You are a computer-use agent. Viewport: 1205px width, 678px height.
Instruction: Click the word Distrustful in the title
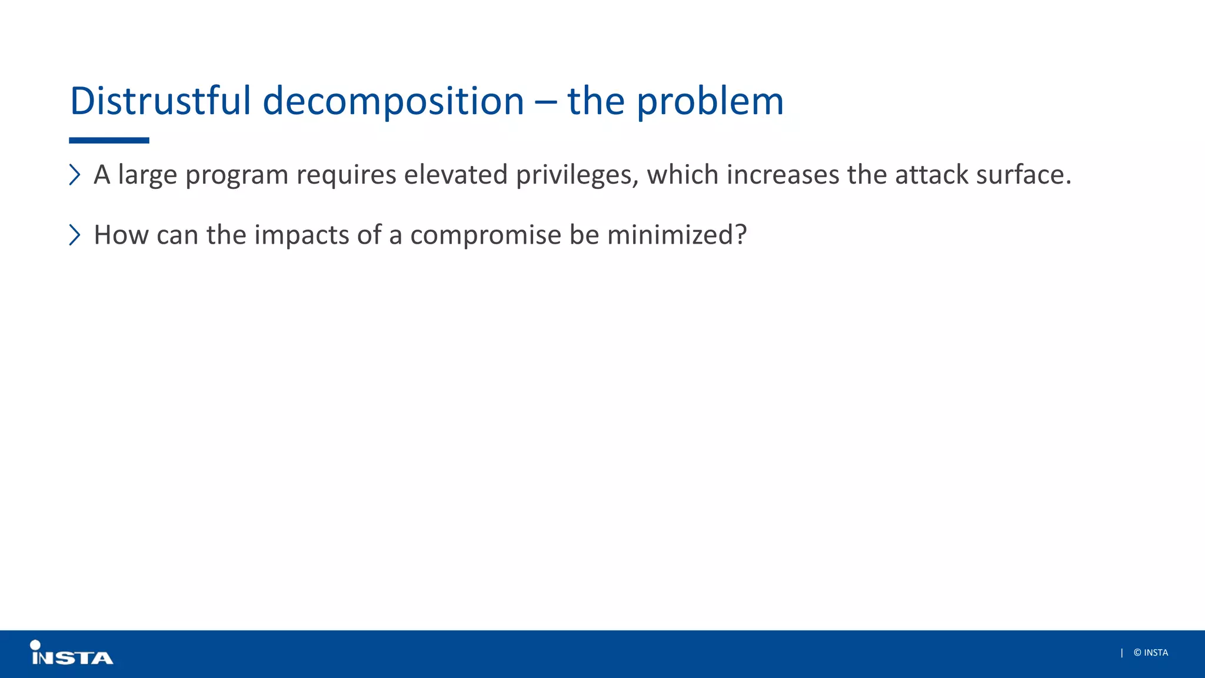click(160, 101)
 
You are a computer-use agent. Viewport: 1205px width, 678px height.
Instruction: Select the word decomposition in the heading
click(393, 101)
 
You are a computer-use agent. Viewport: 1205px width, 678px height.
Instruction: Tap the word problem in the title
click(710, 101)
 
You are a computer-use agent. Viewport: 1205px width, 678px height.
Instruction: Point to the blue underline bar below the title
click(109, 141)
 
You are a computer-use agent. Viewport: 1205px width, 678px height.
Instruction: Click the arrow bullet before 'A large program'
click(75, 175)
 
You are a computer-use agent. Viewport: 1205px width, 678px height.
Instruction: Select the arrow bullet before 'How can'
click(75, 235)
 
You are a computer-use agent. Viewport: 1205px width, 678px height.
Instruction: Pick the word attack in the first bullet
click(931, 175)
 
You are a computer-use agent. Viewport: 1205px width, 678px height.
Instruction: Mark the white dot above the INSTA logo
click(35, 645)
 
